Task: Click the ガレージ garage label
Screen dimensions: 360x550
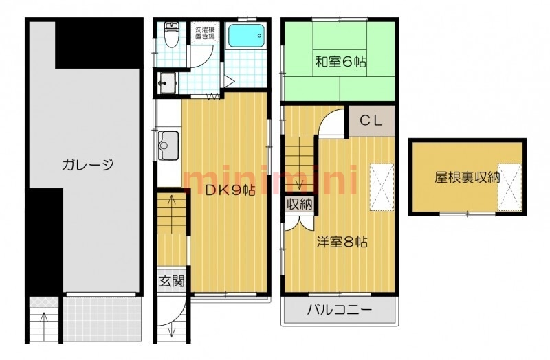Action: click(87, 165)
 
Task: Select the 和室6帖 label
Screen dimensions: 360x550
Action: click(341, 62)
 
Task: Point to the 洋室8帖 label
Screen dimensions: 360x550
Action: click(342, 242)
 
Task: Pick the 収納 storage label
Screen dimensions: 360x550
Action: click(299, 203)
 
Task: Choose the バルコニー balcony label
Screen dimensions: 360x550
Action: click(340, 311)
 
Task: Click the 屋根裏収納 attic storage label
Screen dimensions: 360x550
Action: click(467, 177)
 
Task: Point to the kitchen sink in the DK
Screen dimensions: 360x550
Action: click(167, 144)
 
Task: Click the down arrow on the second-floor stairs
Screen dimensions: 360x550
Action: click(299, 183)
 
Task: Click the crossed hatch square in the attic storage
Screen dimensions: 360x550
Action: click(509, 185)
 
